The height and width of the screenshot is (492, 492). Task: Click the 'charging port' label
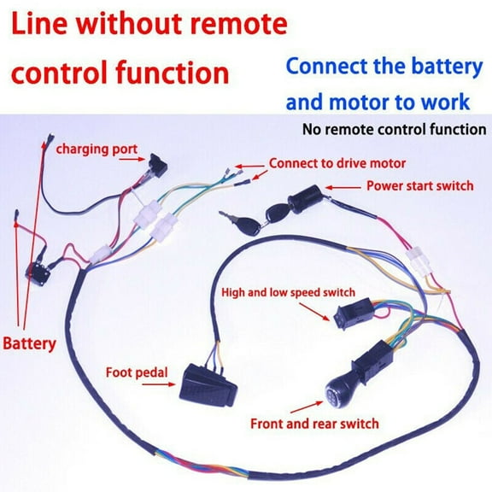pos(97,149)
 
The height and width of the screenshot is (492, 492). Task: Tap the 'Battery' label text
pos(29,344)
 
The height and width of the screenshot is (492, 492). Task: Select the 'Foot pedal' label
pos(136,372)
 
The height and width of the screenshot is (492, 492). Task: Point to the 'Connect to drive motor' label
pos(337,162)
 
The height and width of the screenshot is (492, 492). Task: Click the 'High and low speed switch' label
pos(289,292)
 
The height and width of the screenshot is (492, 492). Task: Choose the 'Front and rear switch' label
pos(314,423)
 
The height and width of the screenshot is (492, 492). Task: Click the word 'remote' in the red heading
pos(231,26)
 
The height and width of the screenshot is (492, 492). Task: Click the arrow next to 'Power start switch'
pos(349,185)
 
